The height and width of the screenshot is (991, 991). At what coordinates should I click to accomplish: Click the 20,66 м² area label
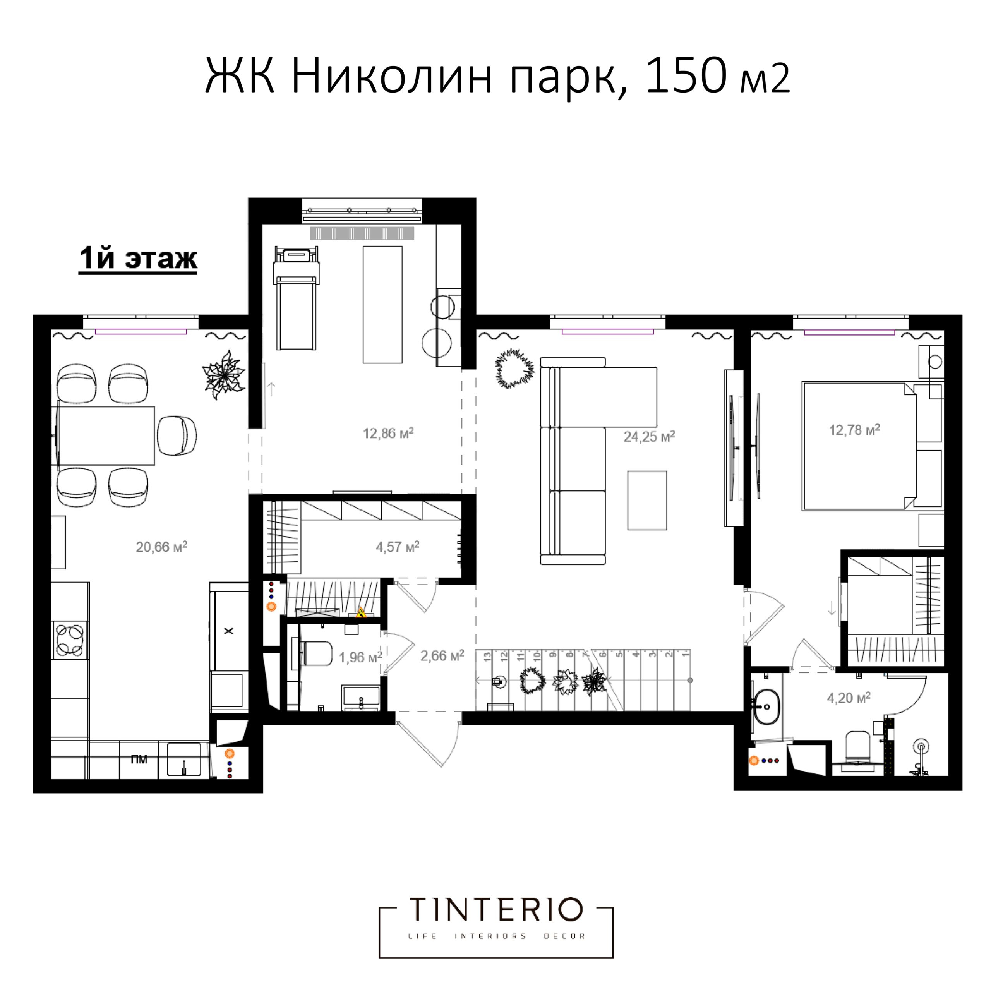pyautogui.click(x=161, y=547)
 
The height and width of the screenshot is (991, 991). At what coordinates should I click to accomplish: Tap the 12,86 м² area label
pyautogui.click(x=388, y=434)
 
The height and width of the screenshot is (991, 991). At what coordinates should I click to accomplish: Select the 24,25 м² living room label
pyautogui.click(x=649, y=437)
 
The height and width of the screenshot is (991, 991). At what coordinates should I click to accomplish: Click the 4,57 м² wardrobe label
pyautogui.click(x=398, y=547)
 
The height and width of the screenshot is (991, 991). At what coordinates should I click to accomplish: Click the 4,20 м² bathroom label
pyautogui.click(x=849, y=698)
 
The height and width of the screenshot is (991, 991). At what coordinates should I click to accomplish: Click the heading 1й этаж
pyautogui.click(x=137, y=259)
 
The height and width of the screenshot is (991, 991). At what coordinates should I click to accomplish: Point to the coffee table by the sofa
pyautogui.click(x=647, y=500)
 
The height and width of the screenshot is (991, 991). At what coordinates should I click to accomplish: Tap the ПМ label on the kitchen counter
pyautogui.click(x=139, y=759)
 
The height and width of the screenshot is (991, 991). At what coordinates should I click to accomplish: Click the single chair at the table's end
pyautogui.click(x=177, y=435)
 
